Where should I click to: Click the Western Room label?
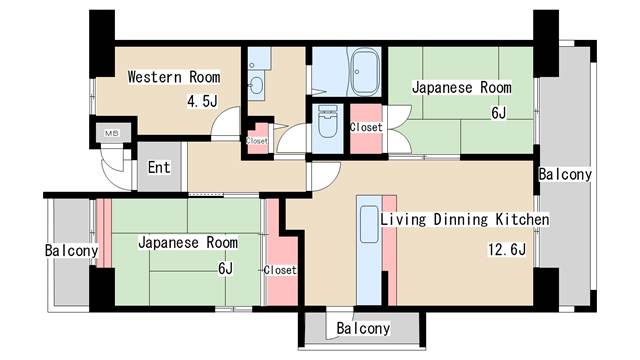(x=173, y=77)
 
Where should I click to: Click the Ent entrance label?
(x=159, y=169)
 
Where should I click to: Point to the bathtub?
(x=361, y=72)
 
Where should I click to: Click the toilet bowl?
(x=326, y=126)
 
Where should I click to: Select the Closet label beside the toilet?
(x=366, y=127)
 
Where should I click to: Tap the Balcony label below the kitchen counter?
(x=363, y=328)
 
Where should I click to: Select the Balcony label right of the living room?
(x=565, y=174)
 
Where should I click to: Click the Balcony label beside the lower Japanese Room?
(x=71, y=250)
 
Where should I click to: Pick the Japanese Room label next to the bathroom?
(x=462, y=88)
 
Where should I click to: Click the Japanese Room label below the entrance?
(x=188, y=243)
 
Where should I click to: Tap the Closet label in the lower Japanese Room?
(x=280, y=270)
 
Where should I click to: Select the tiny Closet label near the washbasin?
(x=257, y=141)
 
